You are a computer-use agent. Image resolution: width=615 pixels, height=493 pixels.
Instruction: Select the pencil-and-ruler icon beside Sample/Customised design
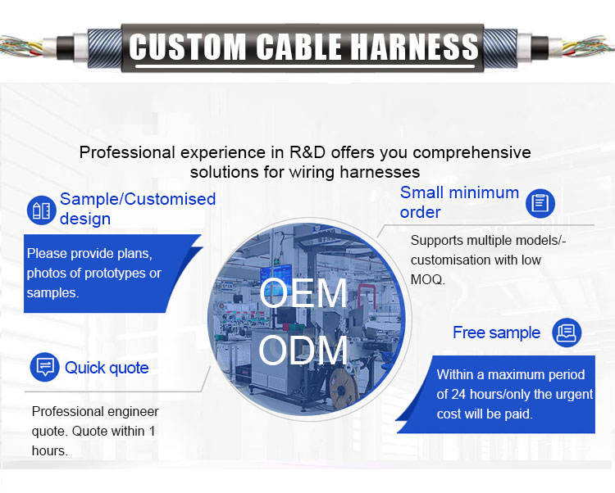click(40, 209)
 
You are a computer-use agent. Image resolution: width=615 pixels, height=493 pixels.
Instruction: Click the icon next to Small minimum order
click(540, 202)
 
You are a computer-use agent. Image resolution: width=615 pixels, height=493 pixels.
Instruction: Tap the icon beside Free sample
click(566, 332)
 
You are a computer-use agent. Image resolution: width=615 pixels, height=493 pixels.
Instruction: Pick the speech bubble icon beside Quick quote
click(44, 367)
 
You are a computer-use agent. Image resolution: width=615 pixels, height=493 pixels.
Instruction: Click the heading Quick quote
click(107, 368)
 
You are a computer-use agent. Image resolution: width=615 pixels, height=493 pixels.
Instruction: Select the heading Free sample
click(496, 332)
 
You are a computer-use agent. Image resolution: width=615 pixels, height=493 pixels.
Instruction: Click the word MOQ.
click(426, 279)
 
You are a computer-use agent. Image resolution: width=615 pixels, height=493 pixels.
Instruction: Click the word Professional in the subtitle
click(128, 152)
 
